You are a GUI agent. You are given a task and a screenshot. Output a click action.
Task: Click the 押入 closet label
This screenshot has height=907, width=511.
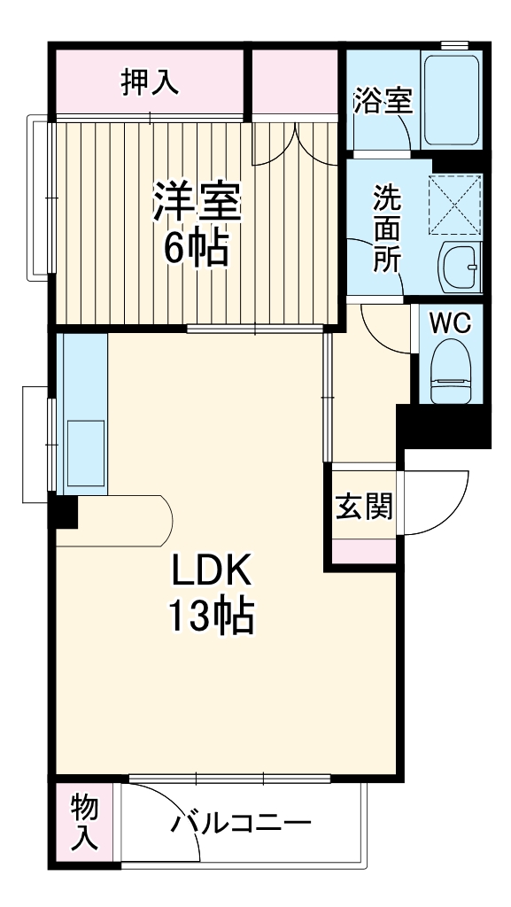pos(150,81)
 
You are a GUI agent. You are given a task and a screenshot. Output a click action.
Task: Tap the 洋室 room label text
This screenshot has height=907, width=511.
pos(196,203)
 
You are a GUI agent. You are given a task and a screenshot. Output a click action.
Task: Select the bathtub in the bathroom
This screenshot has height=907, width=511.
pos(452,102)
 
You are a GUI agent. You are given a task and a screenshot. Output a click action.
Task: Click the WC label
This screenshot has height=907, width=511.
pos(451,323)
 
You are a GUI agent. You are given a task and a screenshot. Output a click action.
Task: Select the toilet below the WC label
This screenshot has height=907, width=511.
pos(451,376)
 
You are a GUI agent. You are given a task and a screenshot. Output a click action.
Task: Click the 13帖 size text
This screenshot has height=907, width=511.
pos(213,617)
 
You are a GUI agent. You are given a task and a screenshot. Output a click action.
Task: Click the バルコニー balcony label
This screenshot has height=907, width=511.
pos(241,824)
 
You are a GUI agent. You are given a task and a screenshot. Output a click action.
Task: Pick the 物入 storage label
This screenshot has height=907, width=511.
pos(85,823)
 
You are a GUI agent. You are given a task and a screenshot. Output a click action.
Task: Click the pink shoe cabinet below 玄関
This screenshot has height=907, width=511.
pos(364,549)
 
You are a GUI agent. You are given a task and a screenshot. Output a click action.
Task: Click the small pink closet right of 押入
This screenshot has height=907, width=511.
pos(294,81)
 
